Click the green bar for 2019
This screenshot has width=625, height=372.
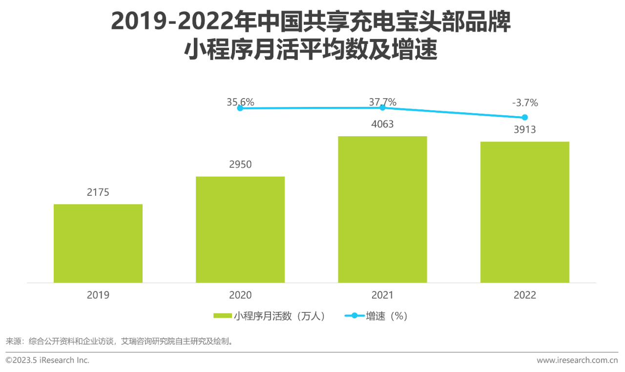coord(98,243)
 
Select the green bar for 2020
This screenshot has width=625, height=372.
coord(240,229)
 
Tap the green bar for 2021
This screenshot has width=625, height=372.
coord(382,209)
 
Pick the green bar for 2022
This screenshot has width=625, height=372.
coord(525,212)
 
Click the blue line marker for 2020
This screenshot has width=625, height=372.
coord(240,108)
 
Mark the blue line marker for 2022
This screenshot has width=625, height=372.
coord(525,117)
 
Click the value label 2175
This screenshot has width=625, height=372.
coord(98,192)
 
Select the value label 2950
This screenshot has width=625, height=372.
coord(240,165)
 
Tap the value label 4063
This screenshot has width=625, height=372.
coord(382,124)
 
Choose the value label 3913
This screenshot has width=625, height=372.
coord(525,129)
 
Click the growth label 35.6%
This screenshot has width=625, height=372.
coord(240,103)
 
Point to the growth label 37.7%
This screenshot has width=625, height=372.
coord(382,102)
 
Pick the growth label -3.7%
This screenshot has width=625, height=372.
coord(525,103)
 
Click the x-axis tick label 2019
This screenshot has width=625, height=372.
coord(98,295)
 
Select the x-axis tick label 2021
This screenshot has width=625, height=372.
coord(382,295)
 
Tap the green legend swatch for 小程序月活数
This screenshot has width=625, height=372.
coord(223,316)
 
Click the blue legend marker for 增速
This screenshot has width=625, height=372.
coord(354,316)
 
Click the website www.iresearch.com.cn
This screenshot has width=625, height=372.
coord(577,360)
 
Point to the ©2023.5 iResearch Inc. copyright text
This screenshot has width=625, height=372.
coord(47,360)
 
